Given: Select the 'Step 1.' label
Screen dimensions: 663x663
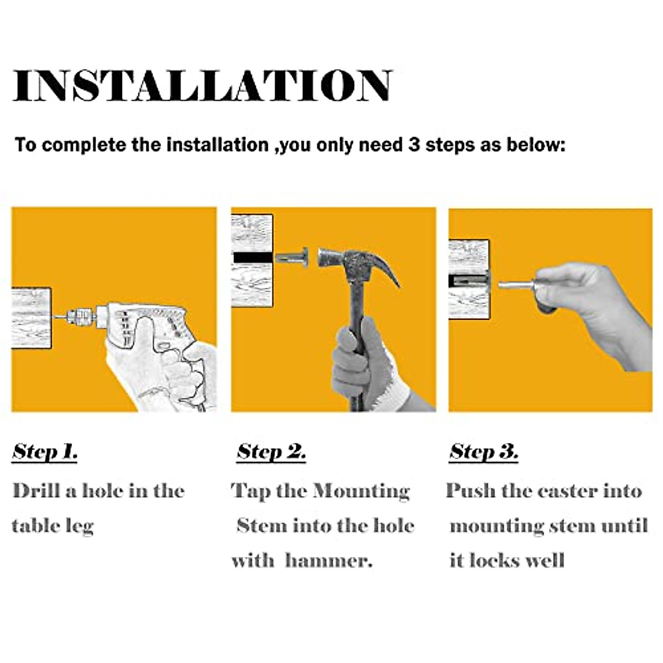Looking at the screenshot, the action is [x=45, y=452].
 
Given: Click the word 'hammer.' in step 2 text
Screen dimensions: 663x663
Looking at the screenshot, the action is [x=329, y=561].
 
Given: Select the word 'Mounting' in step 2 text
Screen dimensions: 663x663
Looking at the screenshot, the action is [x=361, y=492].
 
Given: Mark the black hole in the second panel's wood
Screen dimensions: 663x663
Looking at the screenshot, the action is [x=253, y=257].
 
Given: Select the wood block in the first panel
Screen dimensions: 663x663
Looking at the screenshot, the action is [x=31, y=318].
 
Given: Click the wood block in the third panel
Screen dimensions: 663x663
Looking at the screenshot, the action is [x=469, y=280].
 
